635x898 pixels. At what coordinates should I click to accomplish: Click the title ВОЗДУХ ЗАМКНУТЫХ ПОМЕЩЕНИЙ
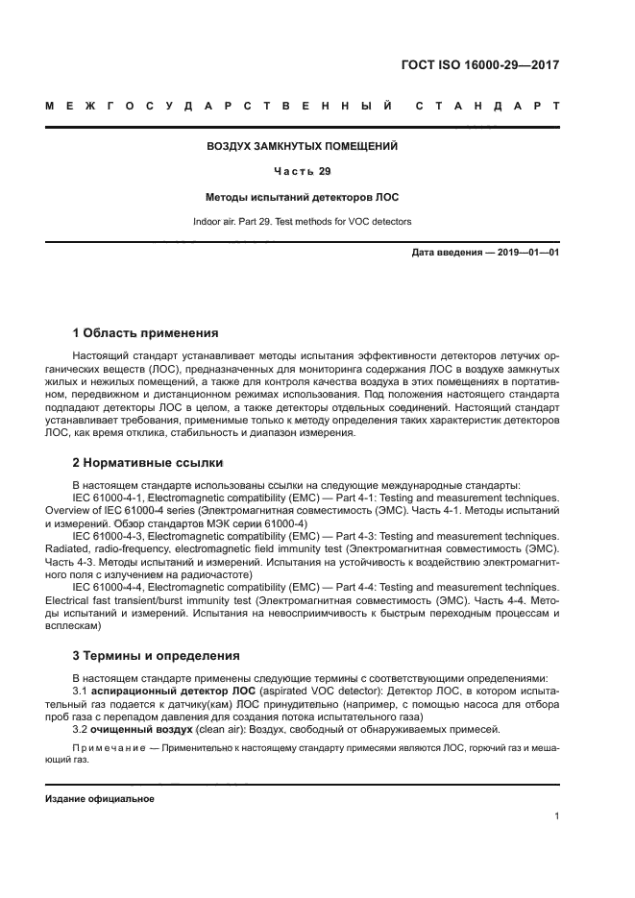pyautogui.click(x=303, y=147)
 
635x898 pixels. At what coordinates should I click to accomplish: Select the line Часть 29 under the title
pyautogui.click(x=303, y=172)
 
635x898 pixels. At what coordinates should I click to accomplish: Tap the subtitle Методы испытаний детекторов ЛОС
pyautogui.click(x=303, y=197)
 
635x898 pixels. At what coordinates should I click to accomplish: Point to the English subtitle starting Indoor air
pyautogui.click(x=303, y=221)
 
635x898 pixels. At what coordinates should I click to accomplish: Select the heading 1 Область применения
pyautogui.click(x=146, y=333)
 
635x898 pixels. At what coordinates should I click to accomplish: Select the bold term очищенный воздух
pyautogui.click(x=141, y=730)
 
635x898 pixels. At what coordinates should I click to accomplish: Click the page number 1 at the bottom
pyautogui.click(x=557, y=817)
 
